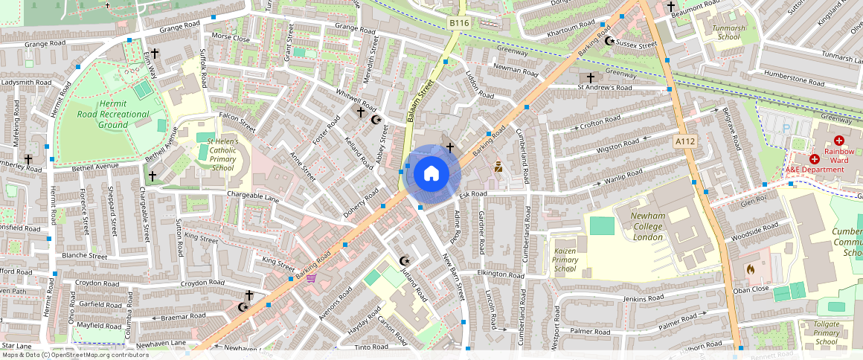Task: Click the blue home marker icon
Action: click(x=431, y=174)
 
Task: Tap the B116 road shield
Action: click(x=460, y=24)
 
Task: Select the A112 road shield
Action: click(x=684, y=141)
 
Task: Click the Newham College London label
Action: click(x=637, y=226)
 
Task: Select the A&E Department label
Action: click(x=815, y=169)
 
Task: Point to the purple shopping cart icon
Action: click(x=311, y=277)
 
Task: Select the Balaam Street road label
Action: click(x=420, y=103)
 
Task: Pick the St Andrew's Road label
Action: click(x=604, y=88)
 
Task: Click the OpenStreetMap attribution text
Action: click(x=74, y=355)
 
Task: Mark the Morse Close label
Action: click(x=231, y=36)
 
